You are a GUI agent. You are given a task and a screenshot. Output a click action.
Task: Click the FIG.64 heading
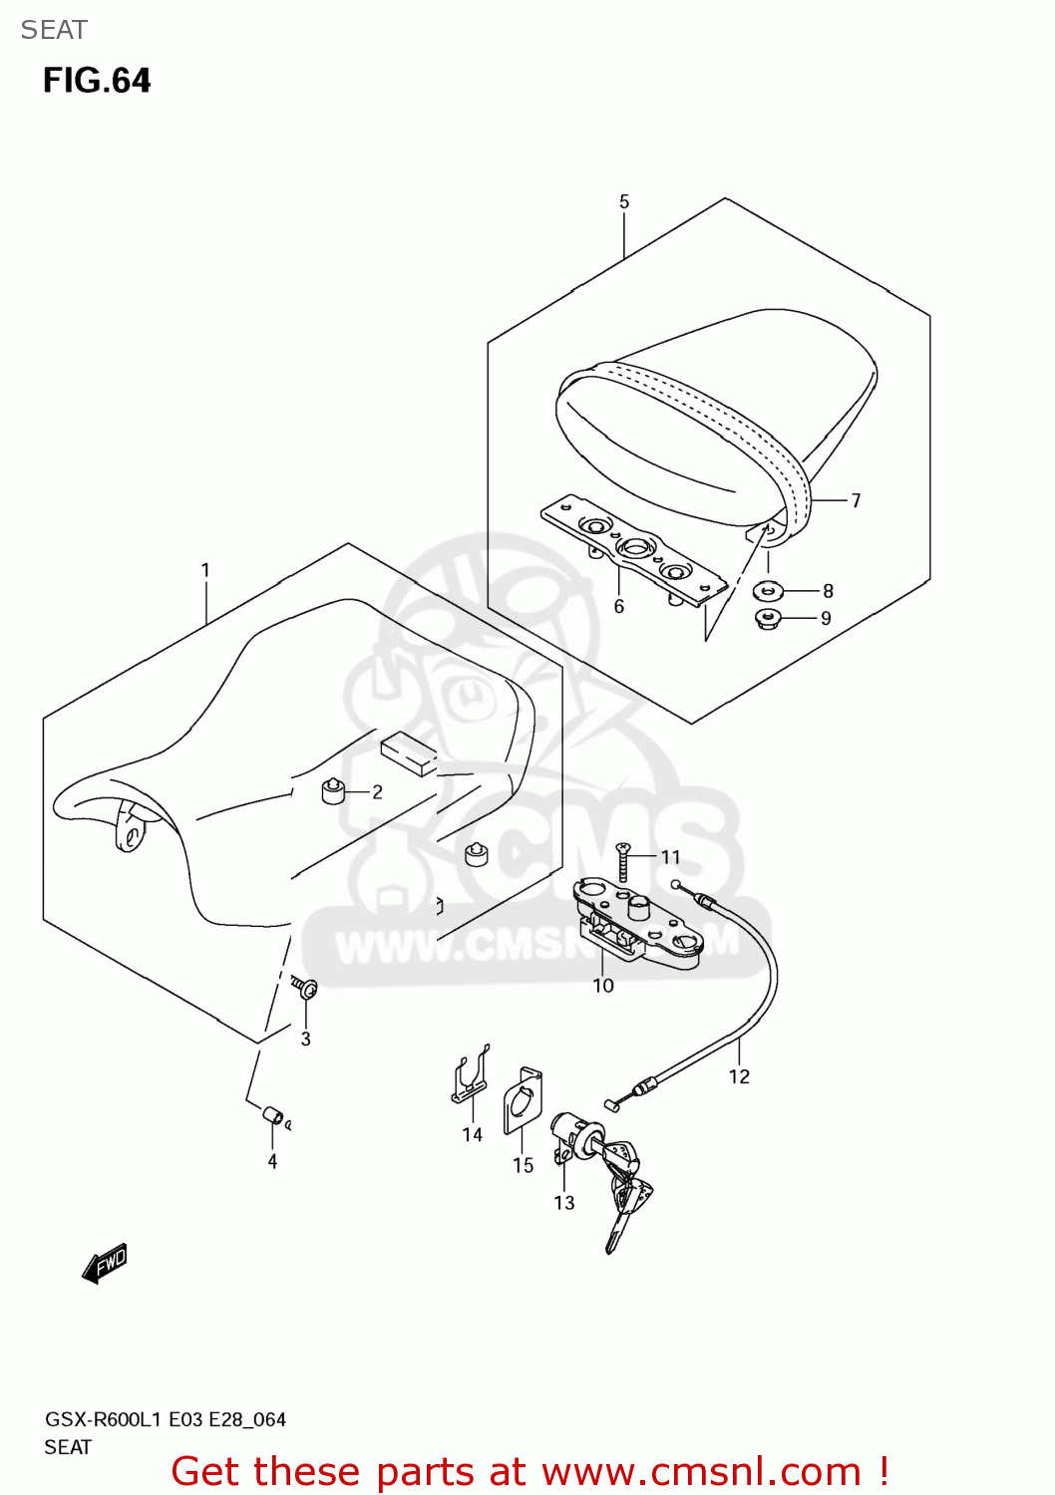click(x=97, y=81)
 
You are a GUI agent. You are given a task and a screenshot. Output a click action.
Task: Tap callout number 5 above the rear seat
click(x=624, y=202)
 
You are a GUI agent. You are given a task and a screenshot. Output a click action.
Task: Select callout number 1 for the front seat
click(x=205, y=571)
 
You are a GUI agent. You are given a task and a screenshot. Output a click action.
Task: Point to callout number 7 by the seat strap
click(x=856, y=500)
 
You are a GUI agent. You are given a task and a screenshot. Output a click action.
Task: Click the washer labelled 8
click(x=768, y=591)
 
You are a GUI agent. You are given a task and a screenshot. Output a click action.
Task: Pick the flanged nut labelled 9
click(x=767, y=619)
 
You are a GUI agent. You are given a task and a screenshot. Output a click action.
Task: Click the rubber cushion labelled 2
click(x=332, y=792)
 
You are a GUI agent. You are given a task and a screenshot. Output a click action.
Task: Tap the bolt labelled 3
click(x=305, y=988)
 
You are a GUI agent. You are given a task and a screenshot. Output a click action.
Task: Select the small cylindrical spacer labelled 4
click(x=272, y=1114)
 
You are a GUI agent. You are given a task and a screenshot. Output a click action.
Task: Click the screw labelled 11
click(x=623, y=861)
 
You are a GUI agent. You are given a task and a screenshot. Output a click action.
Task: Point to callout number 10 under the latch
click(x=603, y=986)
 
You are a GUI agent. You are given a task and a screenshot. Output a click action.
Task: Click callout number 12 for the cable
click(x=739, y=1076)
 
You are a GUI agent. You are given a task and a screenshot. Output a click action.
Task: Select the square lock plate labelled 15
click(x=522, y=1101)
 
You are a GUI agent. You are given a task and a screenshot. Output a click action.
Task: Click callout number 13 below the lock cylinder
click(x=564, y=1203)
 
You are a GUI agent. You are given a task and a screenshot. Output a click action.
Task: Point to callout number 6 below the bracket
click(x=619, y=607)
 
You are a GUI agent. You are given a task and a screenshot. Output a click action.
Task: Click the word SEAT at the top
click(x=54, y=30)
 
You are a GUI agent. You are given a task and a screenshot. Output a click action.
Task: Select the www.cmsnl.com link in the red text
click(x=701, y=1472)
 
